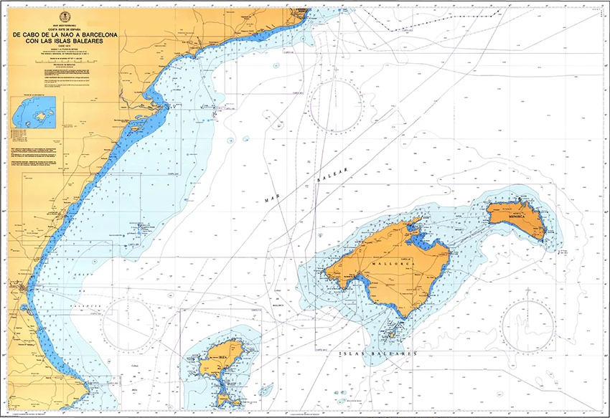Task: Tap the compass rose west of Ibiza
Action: tap(129, 324)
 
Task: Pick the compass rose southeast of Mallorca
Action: tap(527, 324)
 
